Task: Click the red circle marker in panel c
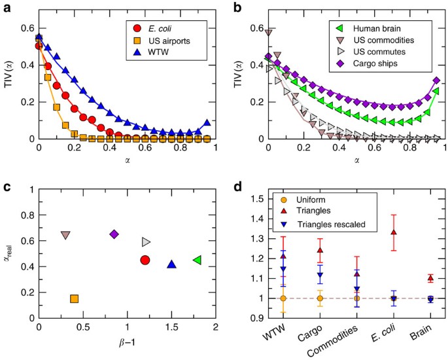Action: tap(145, 261)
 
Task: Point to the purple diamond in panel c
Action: tap(114, 234)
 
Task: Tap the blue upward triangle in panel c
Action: tap(171, 264)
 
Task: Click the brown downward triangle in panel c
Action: tap(65, 235)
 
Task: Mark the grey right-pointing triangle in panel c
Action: tap(146, 242)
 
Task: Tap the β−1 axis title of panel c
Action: tap(126, 345)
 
